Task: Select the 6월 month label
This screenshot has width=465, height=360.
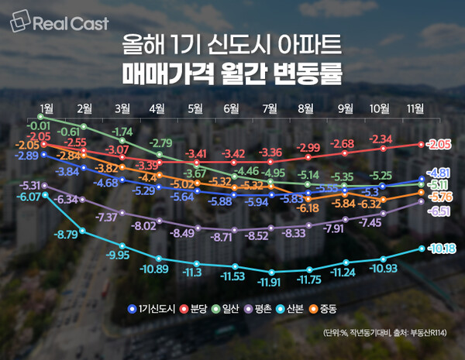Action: click(232, 107)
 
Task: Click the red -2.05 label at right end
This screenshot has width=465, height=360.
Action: click(439, 144)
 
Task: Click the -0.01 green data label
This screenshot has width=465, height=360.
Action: click(39, 125)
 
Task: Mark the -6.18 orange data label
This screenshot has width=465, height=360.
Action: click(308, 208)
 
